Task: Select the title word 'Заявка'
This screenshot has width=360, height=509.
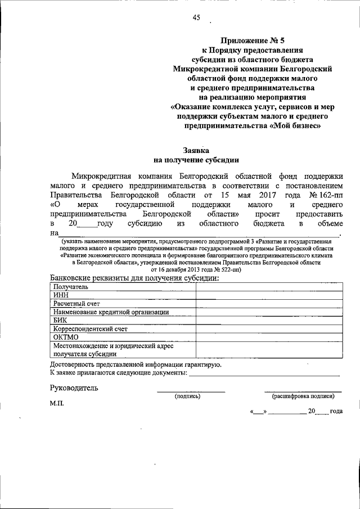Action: tap(196, 150)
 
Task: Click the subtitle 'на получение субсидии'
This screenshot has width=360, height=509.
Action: tap(196, 159)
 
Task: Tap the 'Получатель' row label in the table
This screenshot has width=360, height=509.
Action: tap(71, 286)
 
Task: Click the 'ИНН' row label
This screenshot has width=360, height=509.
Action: tap(60, 295)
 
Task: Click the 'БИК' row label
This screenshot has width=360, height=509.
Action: tap(60, 320)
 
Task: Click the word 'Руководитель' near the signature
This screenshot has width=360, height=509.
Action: tap(74, 388)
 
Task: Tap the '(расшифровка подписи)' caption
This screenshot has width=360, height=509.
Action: tap(303, 396)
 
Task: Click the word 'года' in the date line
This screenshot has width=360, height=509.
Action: tap(336, 411)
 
